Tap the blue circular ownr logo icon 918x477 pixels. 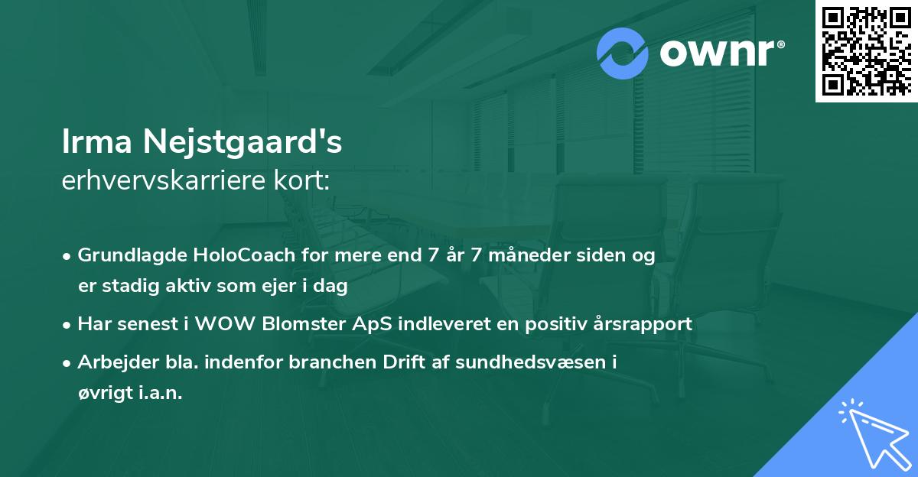(623, 54)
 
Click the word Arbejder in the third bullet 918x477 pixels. (112, 362)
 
